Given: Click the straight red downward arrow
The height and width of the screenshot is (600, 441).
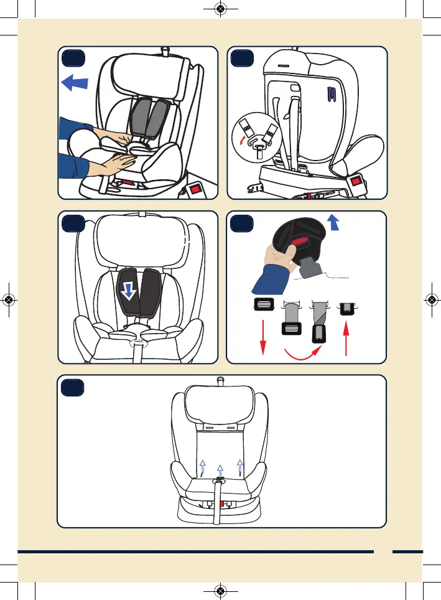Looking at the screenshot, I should (262, 336).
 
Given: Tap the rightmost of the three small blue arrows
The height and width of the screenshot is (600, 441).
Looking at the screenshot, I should (241, 466).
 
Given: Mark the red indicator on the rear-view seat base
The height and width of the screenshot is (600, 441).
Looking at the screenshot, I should (357, 182).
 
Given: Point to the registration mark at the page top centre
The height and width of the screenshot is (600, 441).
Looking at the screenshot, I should (220, 9).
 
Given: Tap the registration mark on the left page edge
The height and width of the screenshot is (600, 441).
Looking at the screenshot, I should (9, 299).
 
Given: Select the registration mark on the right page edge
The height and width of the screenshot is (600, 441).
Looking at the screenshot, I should (432, 299).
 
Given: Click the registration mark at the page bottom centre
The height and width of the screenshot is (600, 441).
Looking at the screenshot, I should (220, 591).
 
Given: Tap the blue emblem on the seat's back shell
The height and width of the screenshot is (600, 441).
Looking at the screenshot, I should (332, 94).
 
